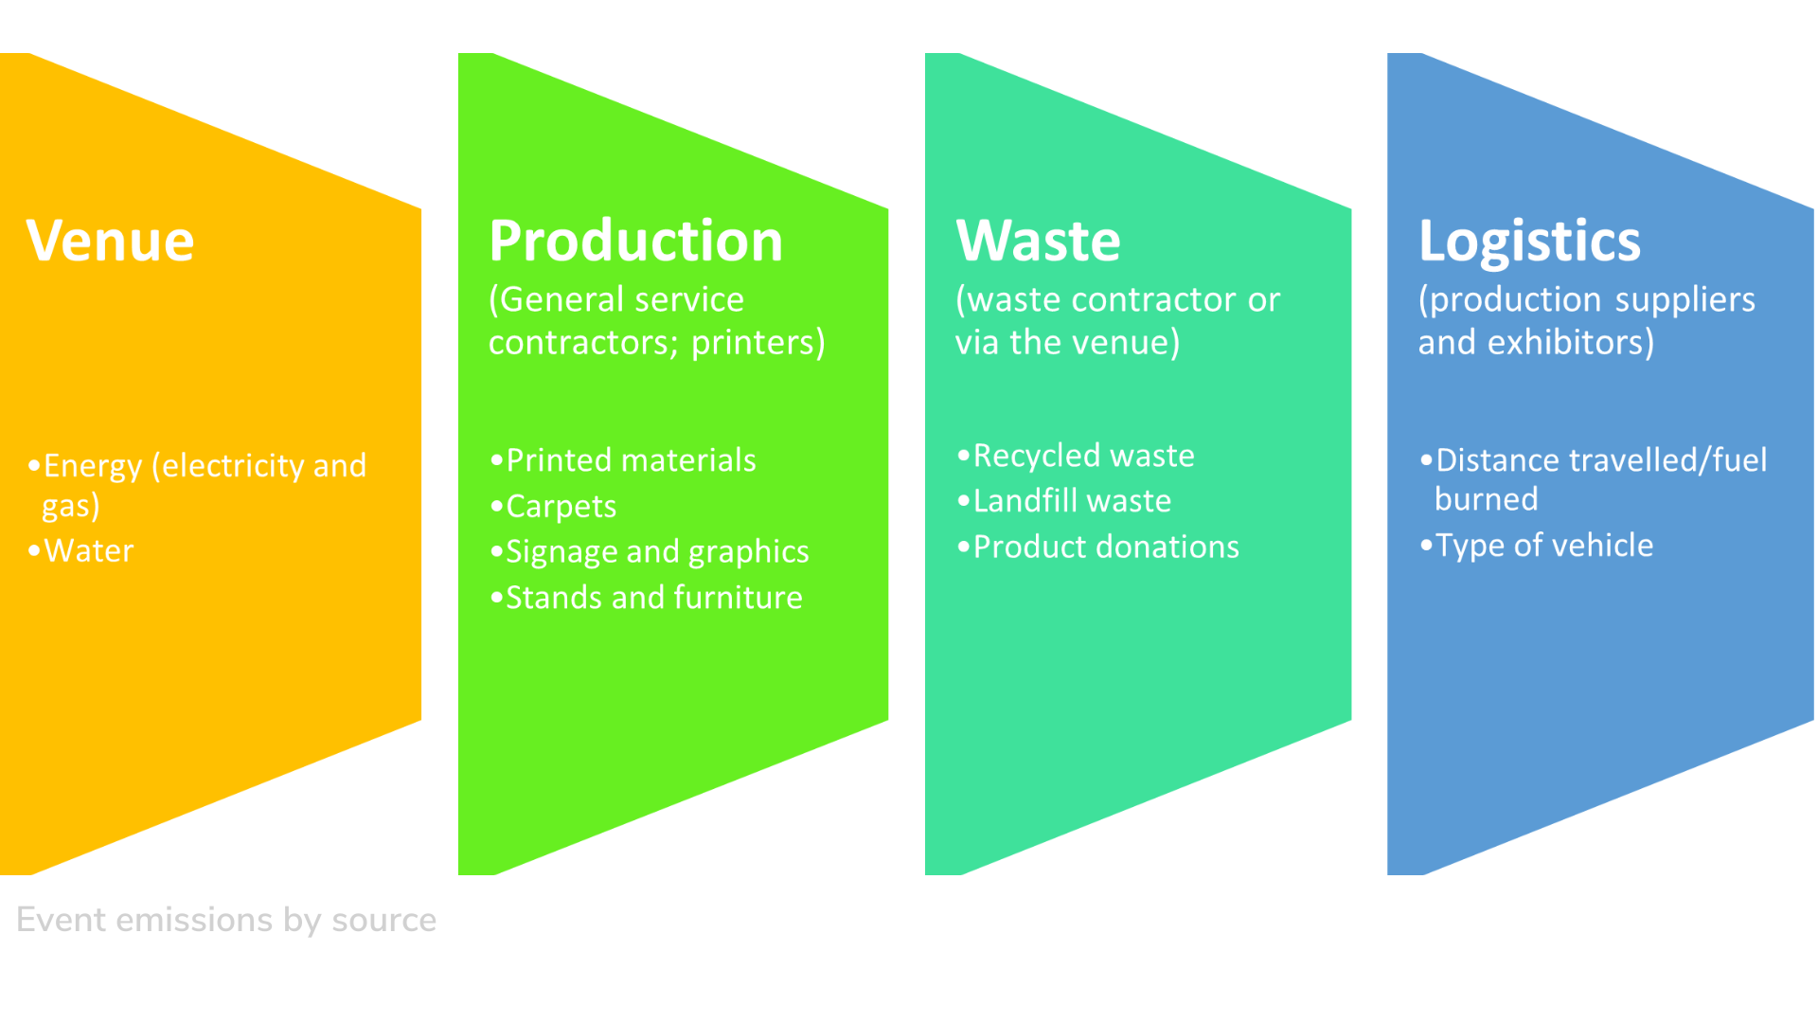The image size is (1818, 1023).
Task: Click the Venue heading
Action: click(x=110, y=241)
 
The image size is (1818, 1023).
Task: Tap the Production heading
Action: click(x=636, y=241)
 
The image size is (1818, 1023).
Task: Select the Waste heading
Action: click(x=1038, y=241)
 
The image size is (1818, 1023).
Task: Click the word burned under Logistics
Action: click(x=1487, y=499)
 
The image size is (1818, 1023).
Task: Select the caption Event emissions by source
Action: click(x=226, y=920)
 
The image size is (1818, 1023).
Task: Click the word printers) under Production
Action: click(x=758, y=342)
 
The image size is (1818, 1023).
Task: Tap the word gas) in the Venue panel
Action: click(x=71, y=507)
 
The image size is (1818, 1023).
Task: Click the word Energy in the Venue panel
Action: click(x=93, y=466)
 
